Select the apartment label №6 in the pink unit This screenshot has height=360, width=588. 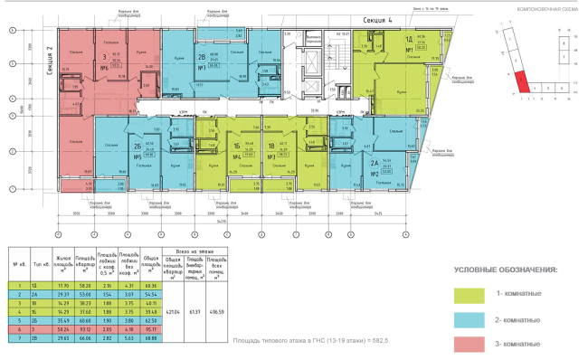[x=104, y=67]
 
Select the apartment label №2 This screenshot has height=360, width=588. [x=374, y=172]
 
